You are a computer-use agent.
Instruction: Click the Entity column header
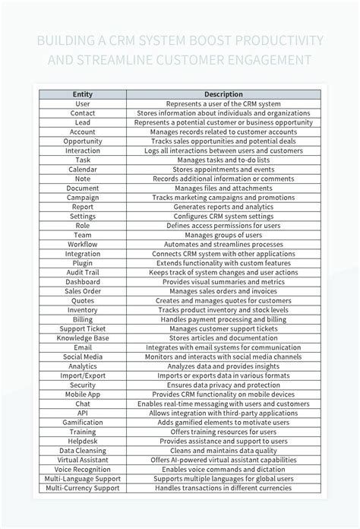coord(83,94)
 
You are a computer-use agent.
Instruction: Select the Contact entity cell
coord(83,112)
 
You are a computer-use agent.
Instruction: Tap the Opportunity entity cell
coord(83,141)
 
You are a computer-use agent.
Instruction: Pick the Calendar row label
coord(83,169)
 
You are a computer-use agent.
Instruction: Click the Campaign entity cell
coord(83,198)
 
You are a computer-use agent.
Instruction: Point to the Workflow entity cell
coord(83,245)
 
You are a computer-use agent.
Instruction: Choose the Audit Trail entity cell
coord(83,272)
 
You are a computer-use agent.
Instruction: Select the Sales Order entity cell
coord(83,291)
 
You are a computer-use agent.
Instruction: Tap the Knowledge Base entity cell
coord(83,338)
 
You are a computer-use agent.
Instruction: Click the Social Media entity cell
coord(83,356)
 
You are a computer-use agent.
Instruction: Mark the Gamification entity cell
coord(83,422)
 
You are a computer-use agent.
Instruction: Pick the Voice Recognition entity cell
coord(83,469)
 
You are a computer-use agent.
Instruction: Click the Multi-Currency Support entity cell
coord(83,488)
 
